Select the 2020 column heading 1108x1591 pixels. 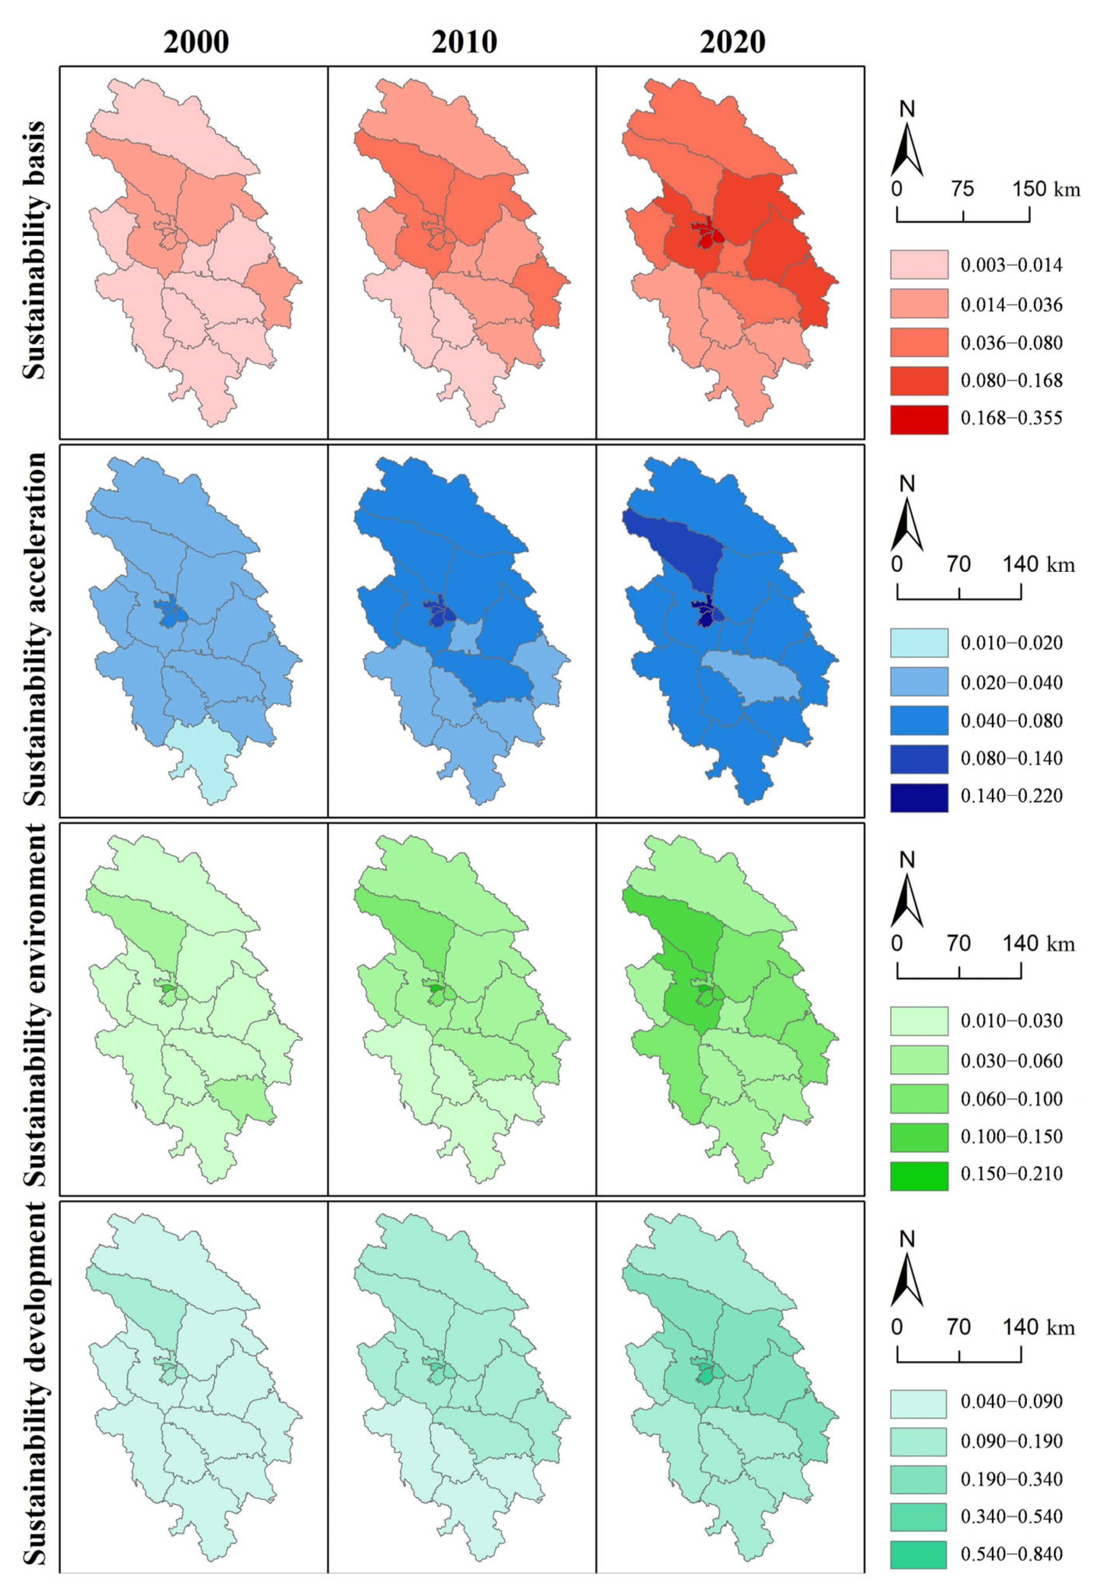tap(732, 42)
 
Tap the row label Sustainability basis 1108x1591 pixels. tap(35, 250)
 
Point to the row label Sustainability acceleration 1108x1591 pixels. tap(35, 629)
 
